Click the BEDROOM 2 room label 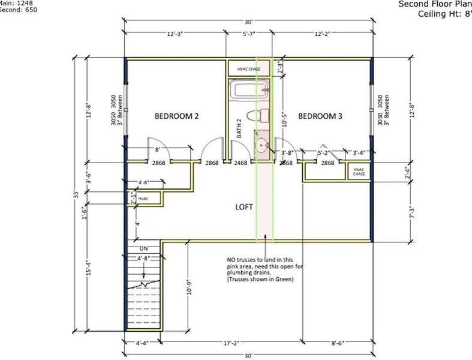(x=176, y=116)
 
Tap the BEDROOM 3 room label (x=320, y=116)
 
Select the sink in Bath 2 (x=261, y=145)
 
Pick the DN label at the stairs (x=144, y=248)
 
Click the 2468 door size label (x=241, y=163)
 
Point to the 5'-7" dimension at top (x=249, y=35)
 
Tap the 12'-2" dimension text (x=323, y=35)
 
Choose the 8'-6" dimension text (x=337, y=344)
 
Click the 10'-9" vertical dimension (x=190, y=287)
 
